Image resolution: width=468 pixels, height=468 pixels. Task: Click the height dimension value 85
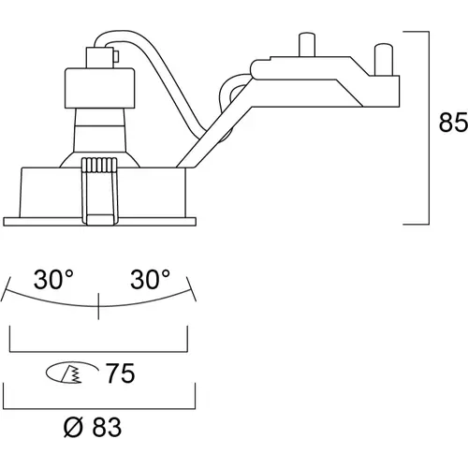[x=453, y=123]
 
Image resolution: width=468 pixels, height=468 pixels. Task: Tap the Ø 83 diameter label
[x=93, y=427]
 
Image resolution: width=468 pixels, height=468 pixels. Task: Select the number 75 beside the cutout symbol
[x=121, y=373]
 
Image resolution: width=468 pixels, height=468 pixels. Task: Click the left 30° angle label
[x=53, y=279]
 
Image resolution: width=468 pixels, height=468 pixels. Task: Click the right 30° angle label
[x=150, y=279]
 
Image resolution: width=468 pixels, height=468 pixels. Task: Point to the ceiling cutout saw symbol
[x=71, y=373]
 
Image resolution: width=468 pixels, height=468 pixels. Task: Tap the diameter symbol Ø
[x=73, y=427]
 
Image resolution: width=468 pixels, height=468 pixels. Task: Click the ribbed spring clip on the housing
[x=99, y=191]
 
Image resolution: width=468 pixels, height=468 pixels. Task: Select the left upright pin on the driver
[x=307, y=44]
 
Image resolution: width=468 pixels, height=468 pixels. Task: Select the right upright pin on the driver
[x=384, y=60]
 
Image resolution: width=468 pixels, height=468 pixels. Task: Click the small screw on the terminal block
[x=116, y=57]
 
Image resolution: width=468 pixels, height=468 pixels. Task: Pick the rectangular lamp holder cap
[x=100, y=88]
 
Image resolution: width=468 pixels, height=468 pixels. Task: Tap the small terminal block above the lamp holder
[x=99, y=57]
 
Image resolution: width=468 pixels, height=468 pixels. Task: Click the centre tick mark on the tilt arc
[x=98, y=306]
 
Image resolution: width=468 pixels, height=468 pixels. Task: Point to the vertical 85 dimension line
[x=429, y=128]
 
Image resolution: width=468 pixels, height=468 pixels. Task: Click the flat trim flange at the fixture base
[x=99, y=222]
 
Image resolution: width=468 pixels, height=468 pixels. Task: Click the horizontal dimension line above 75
[x=98, y=352]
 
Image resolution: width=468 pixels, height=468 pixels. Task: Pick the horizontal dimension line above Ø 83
[x=99, y=408]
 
